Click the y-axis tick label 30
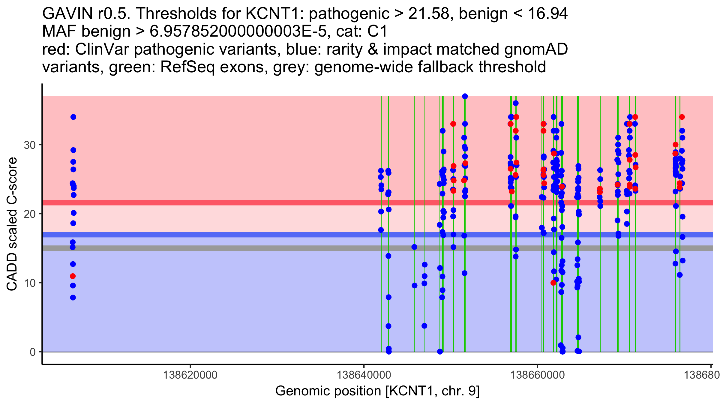tap(29, 145)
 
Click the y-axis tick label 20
tap(29, 214)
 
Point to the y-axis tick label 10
tap(29, 283)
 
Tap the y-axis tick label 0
tap(32, 352)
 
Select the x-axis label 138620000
tap(190, 375)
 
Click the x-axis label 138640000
tap(364, 375)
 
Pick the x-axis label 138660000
tap(537, 375)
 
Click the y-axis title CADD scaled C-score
tap(12, 224)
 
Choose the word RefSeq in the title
tap(187, 67)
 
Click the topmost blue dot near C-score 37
tap(465, 96)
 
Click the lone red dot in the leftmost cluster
tap(73, 276)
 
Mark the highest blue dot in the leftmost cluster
tap(73, 117)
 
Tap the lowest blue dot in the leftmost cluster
tap(73, 298)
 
